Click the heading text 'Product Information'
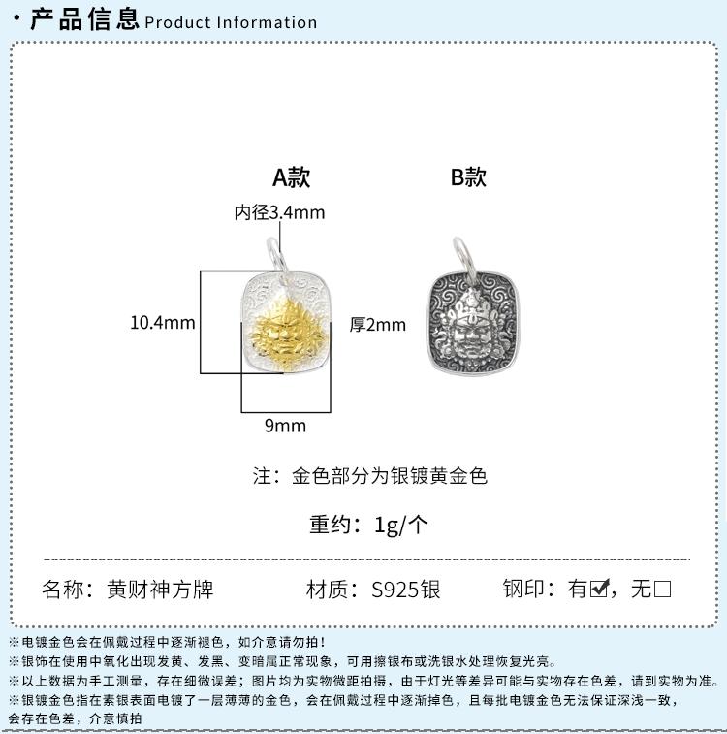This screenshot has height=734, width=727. (231, 22)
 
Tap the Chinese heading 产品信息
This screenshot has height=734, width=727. (84, 19)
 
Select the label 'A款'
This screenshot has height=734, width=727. (291, 177)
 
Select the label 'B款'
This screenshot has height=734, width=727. (468, 177)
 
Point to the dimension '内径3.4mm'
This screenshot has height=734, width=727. (280, 212)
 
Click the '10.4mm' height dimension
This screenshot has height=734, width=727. (162, 323)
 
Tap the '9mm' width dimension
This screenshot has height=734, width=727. (285, 426)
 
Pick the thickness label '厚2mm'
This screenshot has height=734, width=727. (377, 325)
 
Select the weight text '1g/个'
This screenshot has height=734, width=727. (401, 525)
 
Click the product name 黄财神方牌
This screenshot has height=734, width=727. (160, 589)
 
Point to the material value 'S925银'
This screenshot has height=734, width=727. (406, 589)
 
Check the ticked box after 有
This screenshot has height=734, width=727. (599, 588)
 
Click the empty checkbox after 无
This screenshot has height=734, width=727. (662, 589)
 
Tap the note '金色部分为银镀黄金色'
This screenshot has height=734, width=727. (390, 476)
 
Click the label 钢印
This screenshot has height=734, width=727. (523, 589)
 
